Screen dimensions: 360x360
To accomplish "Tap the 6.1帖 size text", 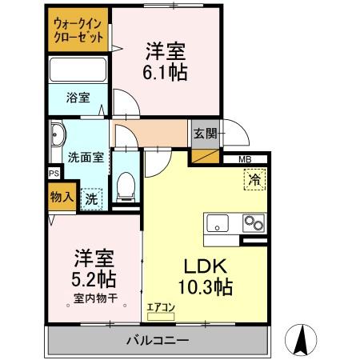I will click(165, 72).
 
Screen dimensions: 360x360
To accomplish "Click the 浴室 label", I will click(78, 98).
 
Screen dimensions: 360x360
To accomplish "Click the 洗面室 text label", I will click(85, 157).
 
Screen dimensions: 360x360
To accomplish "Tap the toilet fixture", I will click(124, 186).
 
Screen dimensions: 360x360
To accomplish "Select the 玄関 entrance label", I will click(203, 133).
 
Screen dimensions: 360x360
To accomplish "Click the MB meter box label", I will click(243, 159).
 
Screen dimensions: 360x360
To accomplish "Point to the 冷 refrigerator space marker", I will click(253, 180).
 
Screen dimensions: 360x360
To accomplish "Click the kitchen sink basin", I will click(219, 222).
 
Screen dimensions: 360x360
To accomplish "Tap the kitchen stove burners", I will click(254, 222).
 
